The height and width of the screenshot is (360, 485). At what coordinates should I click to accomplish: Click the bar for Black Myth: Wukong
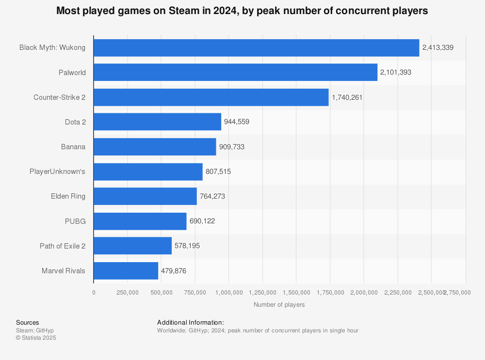[256, 47]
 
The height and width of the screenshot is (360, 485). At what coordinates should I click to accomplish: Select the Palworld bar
[235, 72]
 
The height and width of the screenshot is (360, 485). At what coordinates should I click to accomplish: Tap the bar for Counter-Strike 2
[211, 97]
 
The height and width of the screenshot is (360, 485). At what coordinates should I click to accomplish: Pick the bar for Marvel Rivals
[126, 270]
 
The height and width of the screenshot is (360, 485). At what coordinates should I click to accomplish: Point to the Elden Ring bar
[145, 196]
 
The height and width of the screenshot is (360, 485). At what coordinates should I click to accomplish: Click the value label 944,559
[237, 122]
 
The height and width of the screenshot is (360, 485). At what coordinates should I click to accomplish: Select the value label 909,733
[231, 147]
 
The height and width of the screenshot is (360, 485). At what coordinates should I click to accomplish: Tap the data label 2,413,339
[438, 47]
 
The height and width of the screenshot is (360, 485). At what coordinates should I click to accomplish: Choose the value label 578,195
[187, 246]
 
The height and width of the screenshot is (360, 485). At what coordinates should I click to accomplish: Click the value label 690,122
[202, 221]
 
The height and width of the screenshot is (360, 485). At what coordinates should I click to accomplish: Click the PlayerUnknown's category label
[58, 172]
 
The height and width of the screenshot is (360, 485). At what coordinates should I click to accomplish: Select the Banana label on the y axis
[73, 147]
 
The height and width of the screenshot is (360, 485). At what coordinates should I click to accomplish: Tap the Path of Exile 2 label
[63, 246]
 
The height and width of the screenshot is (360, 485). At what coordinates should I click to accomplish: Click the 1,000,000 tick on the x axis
[228, 293]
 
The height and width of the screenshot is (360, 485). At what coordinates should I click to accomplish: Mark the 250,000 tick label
[127, 293]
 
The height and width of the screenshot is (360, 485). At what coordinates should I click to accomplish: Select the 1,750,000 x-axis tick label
[330, 293]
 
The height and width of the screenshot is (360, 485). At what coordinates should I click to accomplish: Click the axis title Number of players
[279, 305]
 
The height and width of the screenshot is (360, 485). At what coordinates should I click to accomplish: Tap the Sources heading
[28, 323]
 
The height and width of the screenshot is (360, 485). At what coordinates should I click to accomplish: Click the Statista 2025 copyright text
[36, 338]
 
